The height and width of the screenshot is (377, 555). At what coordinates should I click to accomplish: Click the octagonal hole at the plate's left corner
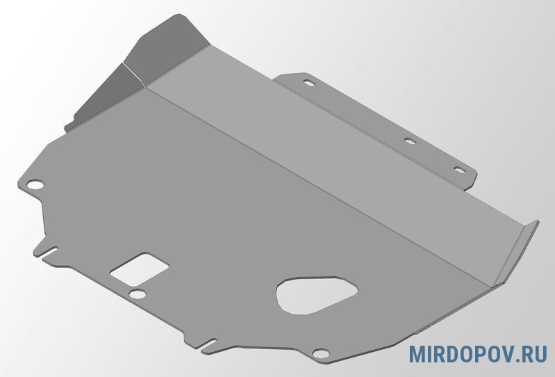tap(35, 184)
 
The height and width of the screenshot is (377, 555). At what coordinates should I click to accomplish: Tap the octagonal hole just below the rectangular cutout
tap(138, 294)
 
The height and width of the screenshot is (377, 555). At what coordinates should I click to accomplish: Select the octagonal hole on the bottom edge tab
tap(321, 353)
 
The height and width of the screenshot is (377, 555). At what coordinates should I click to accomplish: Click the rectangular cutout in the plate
tap(139, 269)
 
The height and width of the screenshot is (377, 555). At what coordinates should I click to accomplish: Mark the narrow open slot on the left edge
tap(49, 252)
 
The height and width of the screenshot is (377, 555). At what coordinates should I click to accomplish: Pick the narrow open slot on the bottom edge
tap(208, 344)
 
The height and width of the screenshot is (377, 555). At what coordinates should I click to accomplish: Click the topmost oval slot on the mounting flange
tap(309, 83)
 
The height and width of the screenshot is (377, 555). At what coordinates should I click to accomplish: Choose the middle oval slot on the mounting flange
tap(410, 141)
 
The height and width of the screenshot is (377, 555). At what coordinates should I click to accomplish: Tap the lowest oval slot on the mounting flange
tap(460, 170)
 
